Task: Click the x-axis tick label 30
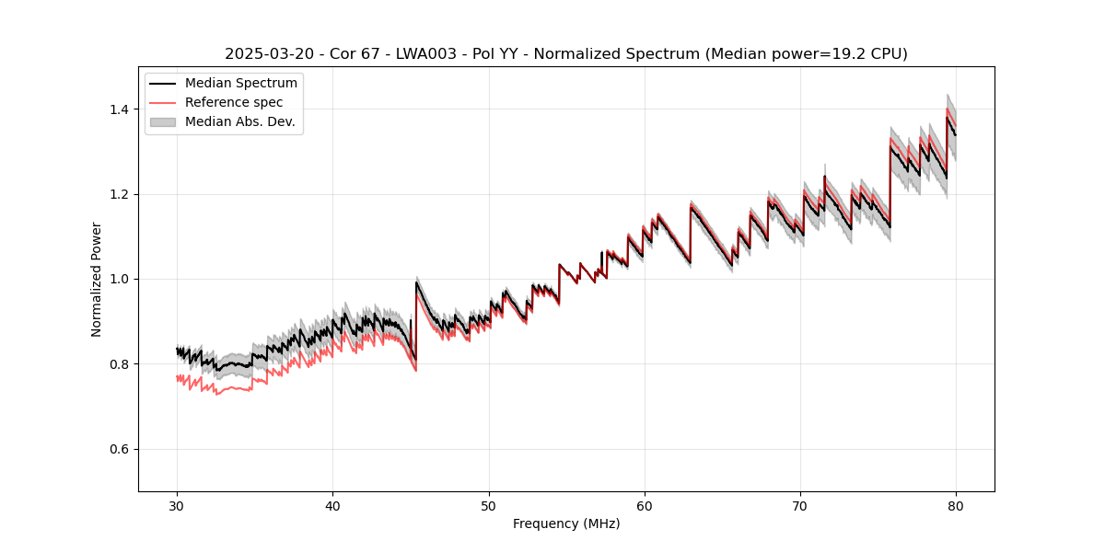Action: click(177, 505)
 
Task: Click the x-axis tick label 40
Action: click(332, 505)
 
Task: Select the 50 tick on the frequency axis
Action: click(489, 505)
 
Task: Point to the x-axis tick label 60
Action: click(645, 505)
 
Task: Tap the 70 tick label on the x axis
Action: click(800, 505)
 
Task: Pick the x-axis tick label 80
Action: click(956, 505)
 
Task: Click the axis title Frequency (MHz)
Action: click(566, 523)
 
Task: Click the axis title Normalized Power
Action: click(97, 279)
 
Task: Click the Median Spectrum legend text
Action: click(240, 84)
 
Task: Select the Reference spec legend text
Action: click(234, 102)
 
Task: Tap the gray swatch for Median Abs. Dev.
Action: click(164, 121)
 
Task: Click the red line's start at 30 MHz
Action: click(177, 377)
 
